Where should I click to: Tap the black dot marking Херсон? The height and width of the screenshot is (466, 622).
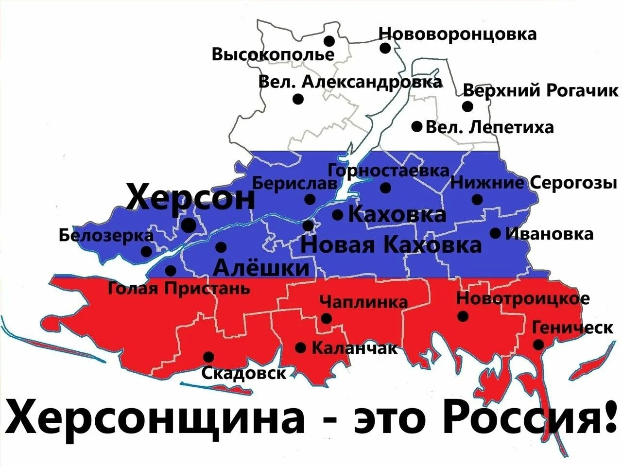(189, 225)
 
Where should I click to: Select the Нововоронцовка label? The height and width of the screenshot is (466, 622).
(458, 34)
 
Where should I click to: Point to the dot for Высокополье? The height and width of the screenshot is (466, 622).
(329, 40)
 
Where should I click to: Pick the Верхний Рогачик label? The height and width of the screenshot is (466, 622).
(541, 90)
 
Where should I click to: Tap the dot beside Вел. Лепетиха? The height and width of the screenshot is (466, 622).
(416, 126)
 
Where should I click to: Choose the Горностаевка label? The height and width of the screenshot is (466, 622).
(389, 171)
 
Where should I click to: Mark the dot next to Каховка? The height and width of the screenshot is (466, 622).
(338, 215)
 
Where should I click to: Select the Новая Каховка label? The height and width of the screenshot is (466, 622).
(391, 244)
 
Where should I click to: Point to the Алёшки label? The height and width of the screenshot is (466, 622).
(261, 267)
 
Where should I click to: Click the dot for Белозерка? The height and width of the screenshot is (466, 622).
(146, 251)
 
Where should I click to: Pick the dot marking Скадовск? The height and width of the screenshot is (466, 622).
(208, 357)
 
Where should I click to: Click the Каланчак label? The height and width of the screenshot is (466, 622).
(354, 348)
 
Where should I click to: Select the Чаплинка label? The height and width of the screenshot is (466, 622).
(363, 302)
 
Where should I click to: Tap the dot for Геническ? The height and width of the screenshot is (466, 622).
(538, 345)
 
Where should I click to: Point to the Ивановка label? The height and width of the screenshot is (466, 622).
(550, 234)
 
